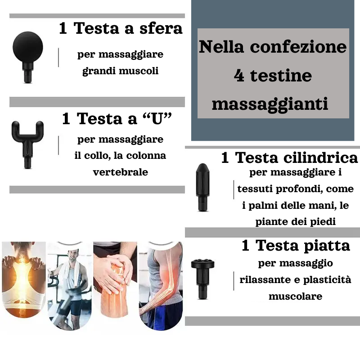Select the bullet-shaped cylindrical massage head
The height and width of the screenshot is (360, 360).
pyautogui.click(x=203, y=187)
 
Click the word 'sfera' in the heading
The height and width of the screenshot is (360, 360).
pyautogui.click(x=161, y=28)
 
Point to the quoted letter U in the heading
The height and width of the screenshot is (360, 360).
pyautogui.click(x=157, y=119)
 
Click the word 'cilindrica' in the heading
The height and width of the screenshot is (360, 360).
pyautogui.click(x=320, y=158)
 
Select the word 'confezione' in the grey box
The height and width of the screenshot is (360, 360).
pyautogui.click(x=298, y=47)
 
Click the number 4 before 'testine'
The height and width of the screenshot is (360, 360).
pyautogui.click(x=239, y=76)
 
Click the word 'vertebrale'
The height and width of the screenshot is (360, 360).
pyautogui.click(x=120, y=172)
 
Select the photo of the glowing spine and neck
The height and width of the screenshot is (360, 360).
pyautogui.click(x=24, y=279)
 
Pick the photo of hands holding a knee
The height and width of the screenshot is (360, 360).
pyautogui.click(x=115, y=279)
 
